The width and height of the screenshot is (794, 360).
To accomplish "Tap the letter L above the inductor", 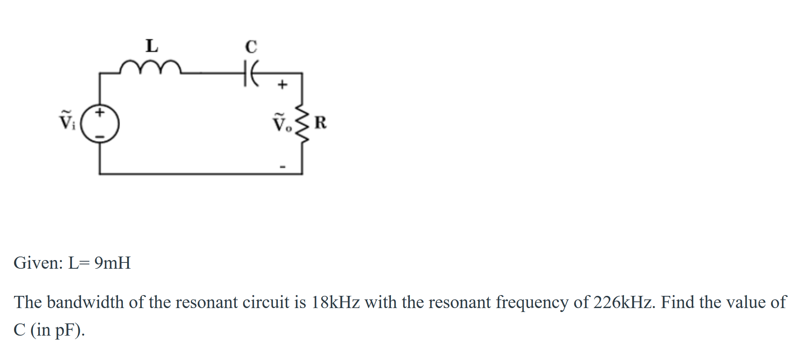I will [x=152, y=46].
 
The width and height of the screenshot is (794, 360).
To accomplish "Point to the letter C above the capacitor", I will [x=251, y=47].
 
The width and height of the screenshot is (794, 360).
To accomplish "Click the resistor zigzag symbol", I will [x=302, y=123].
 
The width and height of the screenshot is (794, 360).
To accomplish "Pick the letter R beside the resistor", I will [x=320, y=123].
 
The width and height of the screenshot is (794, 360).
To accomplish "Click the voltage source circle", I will [x=100, y=124].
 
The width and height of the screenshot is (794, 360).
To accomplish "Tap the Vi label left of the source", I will [x=67, y=120].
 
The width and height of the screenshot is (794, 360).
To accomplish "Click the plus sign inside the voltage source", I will [x=100, y=112].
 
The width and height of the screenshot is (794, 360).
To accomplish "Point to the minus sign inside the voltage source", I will [x=100, y=137].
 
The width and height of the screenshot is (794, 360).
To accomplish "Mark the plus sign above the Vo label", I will [x=282, y=85].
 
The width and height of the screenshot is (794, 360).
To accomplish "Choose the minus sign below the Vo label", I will [x=282, y=167].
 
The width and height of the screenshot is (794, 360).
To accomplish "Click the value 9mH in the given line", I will [x=113, y=263].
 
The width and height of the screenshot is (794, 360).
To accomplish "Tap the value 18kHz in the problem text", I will [x=335, y=303].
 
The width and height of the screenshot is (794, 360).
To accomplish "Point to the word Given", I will [x=38, y=263].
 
